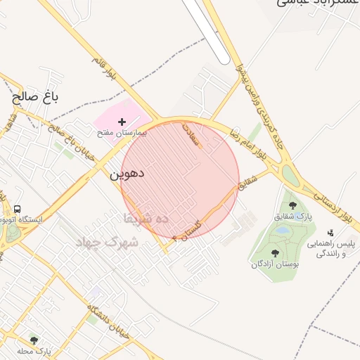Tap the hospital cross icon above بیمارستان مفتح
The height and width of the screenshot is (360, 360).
[122, 122]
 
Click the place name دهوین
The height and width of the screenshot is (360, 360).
[127, 172]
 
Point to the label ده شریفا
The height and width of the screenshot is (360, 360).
[146, 218]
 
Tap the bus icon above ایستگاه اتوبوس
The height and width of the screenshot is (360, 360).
[16, 210]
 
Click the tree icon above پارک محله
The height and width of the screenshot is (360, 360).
[34, 340]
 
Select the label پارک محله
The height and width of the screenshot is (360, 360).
[34, 350]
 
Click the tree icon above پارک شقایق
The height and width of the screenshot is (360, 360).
[292, 205]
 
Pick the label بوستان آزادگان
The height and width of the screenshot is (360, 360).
[276, 264]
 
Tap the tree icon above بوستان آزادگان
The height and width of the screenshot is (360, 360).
[275, 253]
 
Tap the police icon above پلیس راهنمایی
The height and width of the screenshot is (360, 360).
[330, 233]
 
